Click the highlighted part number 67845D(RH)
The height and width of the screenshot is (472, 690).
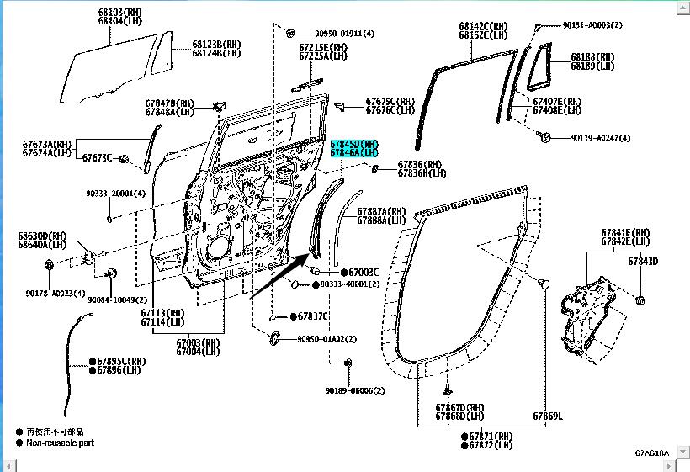pos(354,144)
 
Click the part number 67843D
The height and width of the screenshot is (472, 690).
pos(643,262)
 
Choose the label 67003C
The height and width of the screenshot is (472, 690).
pos(364,273)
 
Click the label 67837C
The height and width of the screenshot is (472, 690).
pos(312,316)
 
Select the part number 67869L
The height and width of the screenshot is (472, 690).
pos(547,416)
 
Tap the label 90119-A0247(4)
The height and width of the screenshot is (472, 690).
pos(600,138)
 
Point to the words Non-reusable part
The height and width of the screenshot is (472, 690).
pos(60,442)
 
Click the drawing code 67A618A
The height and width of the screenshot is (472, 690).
pos(652,453)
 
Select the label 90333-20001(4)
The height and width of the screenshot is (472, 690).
pos(115,194)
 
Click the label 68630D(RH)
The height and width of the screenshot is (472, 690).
pos(42,236)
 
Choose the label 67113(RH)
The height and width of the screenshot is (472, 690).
pos(163,313)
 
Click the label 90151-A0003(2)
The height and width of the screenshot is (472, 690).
pos(592,25)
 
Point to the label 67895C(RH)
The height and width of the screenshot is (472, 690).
pos(121,361)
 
